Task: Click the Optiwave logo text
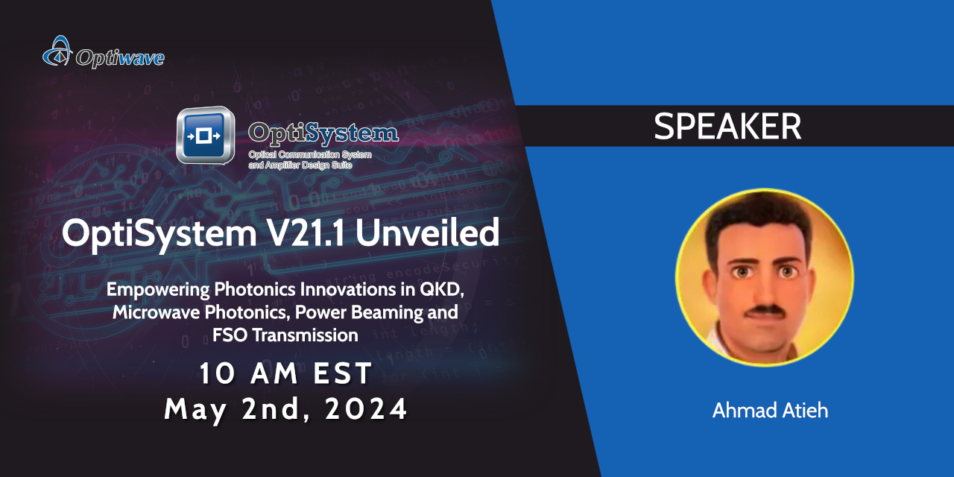pyautogui.click(x=120, y=57)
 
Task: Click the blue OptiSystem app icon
pyautogui.click(x=205, y=136)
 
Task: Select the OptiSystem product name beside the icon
pyautogui.click(x=323, y=133)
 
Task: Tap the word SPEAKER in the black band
pyautogui.click(x=727, y=127)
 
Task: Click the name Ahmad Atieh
pyautogui.click(x=770, y=411)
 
